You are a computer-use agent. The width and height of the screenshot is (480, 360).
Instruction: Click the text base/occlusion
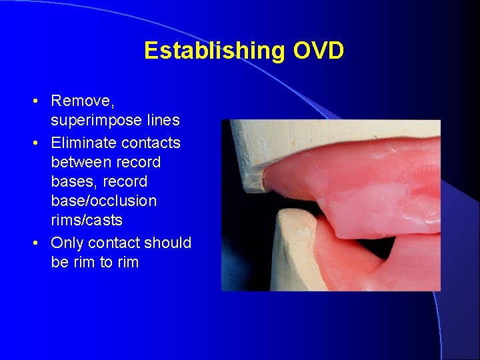coord(103,201)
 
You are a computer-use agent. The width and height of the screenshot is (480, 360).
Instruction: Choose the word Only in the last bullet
coord(66,243)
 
